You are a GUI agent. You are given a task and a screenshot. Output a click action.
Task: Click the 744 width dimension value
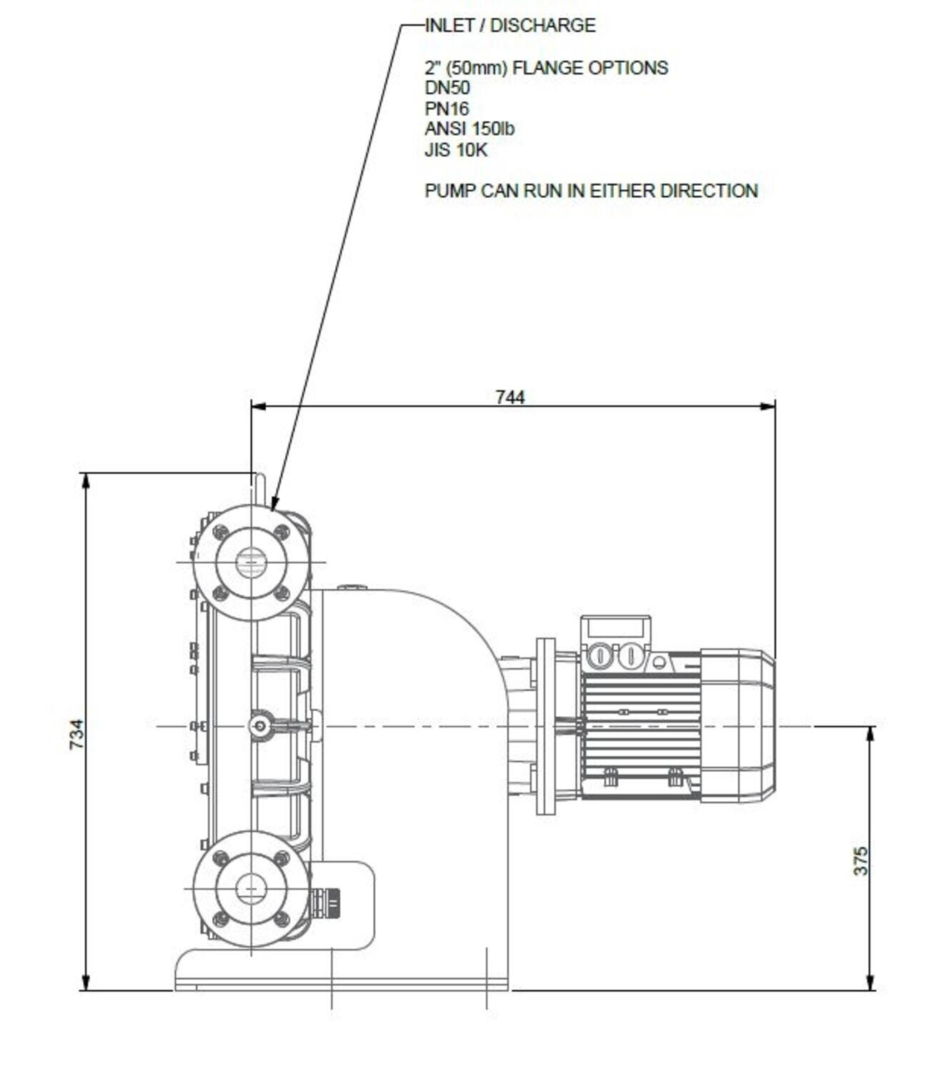pyautogui.click(x=510, y=397)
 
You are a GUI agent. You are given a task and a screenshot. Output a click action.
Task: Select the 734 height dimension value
pyautogui.click(x=76, y=734)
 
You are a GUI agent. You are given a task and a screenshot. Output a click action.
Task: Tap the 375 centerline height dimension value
pyautogui.click(x=860, y=861)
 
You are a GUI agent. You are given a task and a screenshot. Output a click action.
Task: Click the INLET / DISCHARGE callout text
pyautogui.click(x=510, y=26)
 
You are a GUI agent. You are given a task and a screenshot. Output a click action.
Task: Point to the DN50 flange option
pyautogui.click(x=447, y=88)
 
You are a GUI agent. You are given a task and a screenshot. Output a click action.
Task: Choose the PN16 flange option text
pyautogui.click(x=447, y=109)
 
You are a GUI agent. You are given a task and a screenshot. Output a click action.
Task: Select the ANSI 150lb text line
pyautogui.click(x=470, y=129)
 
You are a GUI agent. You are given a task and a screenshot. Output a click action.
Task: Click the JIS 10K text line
pyautogui.click(x=456, y=150)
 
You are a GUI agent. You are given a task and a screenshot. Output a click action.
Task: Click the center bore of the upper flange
pyautogui.click(x=251, y=562)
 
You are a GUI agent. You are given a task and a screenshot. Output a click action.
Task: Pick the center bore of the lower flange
pyautogui.click(x=251, y=889)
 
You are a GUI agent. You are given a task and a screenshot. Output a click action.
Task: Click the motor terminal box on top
pyautogui.click(x=616, y=643)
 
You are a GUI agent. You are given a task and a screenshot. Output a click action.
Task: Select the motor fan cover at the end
pyautogui.click(x=737, y=726)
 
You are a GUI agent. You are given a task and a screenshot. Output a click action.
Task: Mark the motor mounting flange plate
pyautogui.click(x=545, y=726)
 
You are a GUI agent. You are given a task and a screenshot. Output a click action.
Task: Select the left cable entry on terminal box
pyautogui.click(x=599, y=656)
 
